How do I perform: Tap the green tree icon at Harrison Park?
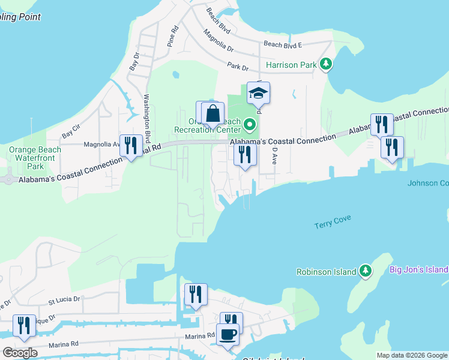tap(326, 64)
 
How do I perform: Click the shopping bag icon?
tap(213, 113)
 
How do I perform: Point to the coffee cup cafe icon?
tap(228, 334)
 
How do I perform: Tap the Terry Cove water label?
tap(332, 225)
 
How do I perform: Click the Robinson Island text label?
tap(327, 271)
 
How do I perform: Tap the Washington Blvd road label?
tap(146, 118)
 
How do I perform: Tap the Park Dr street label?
tap(238, 66)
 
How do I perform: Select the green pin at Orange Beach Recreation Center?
tap(250, 125)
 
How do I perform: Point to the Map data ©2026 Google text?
tap(412, 355)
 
